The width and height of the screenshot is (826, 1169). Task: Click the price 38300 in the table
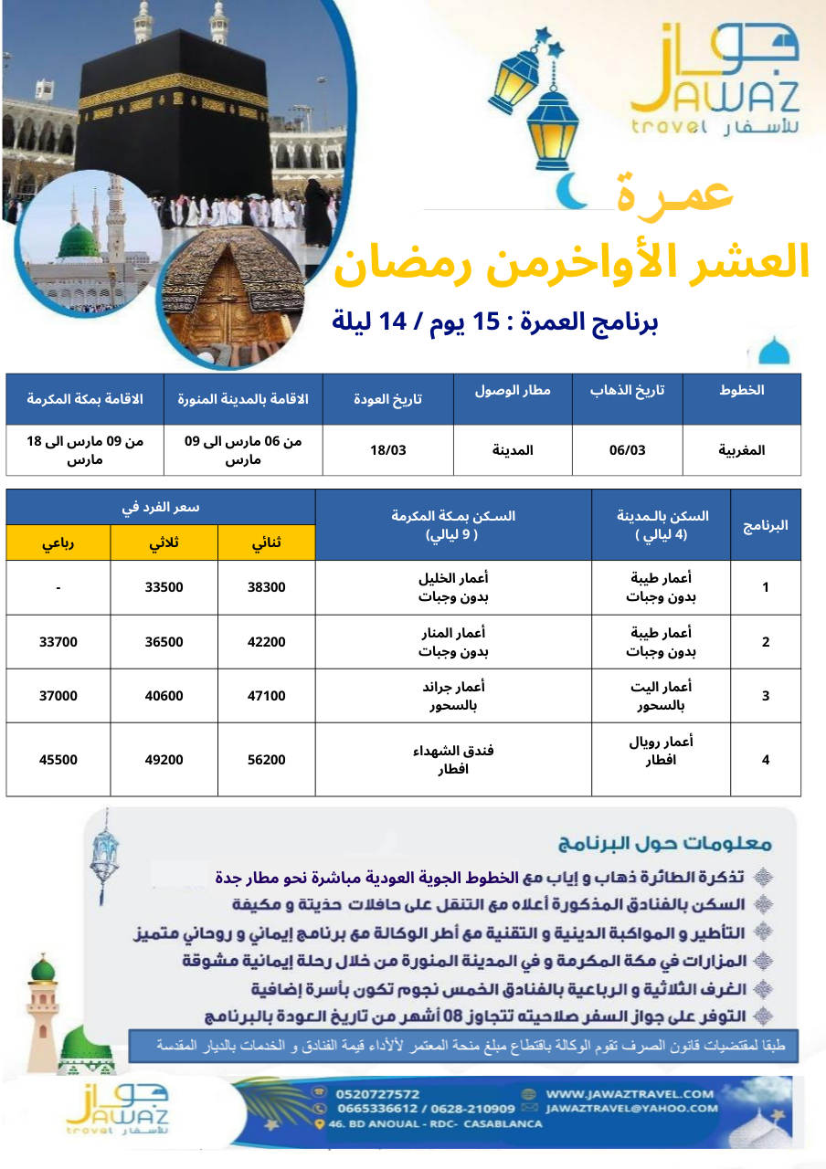click(267, 587)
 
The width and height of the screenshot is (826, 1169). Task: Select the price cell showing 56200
click(267, 760)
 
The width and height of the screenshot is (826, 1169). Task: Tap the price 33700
click(58, 642)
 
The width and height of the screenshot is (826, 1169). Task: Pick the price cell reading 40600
click(164, 696)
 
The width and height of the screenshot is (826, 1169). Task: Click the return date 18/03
click(388, 450)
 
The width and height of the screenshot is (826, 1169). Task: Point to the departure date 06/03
click(627, 450)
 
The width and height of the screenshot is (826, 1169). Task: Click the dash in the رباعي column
click(58, 587)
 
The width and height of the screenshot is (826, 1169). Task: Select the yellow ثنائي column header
click(267, 543)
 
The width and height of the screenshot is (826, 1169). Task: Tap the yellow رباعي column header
click(58, 543)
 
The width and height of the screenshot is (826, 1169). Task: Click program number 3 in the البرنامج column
click(766, 696)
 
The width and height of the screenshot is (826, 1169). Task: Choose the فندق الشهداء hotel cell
click(453, 760)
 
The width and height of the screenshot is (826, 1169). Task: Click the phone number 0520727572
click(377, 1094)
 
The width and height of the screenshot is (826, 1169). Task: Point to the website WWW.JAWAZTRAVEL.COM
click(630, 1093)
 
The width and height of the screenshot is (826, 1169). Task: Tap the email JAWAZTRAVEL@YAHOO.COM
click(631, 1108)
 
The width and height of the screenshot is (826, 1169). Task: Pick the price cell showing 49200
click(164, 760)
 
